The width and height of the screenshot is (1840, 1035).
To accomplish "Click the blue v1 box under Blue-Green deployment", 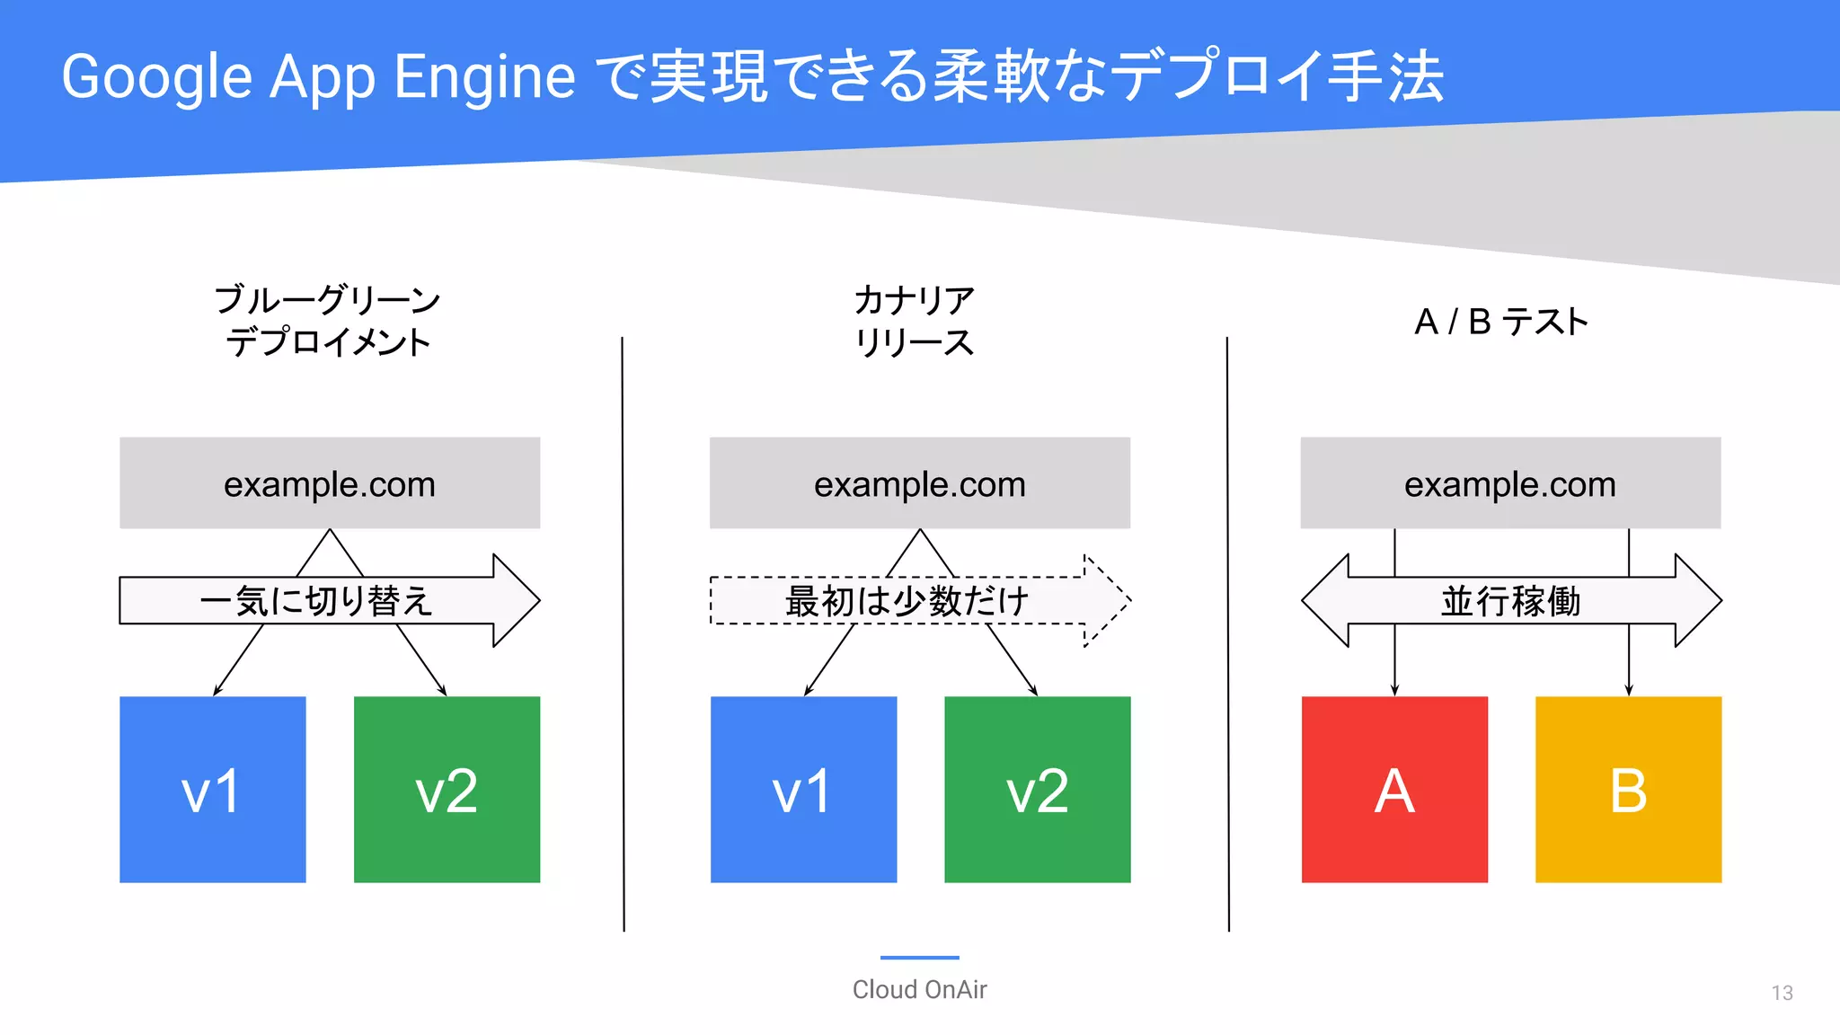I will [x=212, y=789].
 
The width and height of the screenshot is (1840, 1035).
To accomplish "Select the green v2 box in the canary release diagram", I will [x=1037, y=789].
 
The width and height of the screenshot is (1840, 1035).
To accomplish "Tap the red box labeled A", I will [x=1394, y=789].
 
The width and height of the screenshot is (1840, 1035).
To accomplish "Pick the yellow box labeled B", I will [x=1628, y=789].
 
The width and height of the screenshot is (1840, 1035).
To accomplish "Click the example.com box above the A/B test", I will [x=1509, y=483].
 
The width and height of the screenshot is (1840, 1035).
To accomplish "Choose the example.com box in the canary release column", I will [x=919, y=483].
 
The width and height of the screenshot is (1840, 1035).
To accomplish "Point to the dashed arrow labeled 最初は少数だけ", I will [x=907, y=601].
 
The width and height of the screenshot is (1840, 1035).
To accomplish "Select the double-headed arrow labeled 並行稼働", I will [x=1510, y=601].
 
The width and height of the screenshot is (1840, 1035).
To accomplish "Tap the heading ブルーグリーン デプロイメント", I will [x=328, y=321].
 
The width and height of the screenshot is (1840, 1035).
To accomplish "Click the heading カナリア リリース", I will [x=914, y=321].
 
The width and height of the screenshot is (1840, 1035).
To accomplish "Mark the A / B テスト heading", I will [x=1500, y=322].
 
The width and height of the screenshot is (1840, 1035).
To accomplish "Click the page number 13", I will [x=1782, y=993].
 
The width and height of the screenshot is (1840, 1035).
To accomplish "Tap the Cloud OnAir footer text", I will [x=919, y=989].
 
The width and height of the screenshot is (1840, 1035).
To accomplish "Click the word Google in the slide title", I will [x=156, y=77].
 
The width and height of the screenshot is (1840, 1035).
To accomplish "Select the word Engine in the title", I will [x=484, y=77].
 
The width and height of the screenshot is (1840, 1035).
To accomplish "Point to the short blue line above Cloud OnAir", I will [x=919, y=958].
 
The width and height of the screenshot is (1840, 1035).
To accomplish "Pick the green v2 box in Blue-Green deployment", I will [x=447, y=789].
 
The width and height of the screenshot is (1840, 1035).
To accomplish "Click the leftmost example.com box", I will [x=329, y=483].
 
